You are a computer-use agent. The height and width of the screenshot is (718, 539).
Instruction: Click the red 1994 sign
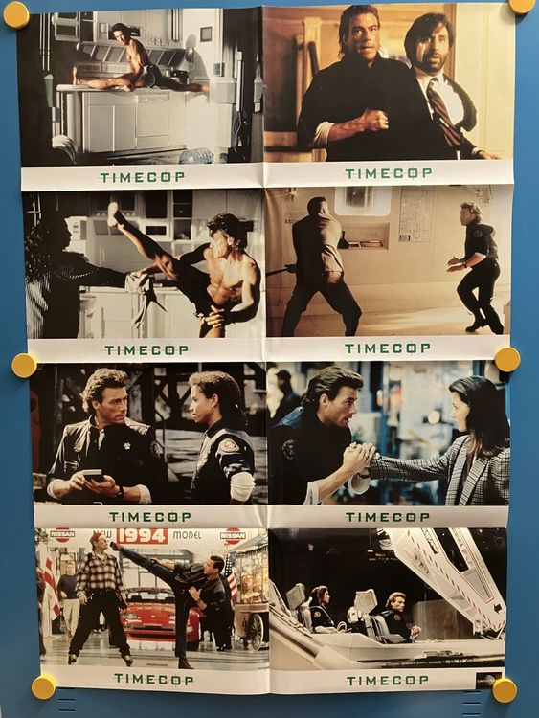[x=142, y=536]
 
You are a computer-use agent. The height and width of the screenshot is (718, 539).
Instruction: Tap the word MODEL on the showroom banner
[x=187, y=535]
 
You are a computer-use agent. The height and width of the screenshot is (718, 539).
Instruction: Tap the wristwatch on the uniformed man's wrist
[x=117, y=492]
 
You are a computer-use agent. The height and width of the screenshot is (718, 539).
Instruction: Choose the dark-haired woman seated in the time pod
[x=322, y=607]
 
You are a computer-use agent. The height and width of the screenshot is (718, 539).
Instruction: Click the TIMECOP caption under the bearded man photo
[x=388, y=173]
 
